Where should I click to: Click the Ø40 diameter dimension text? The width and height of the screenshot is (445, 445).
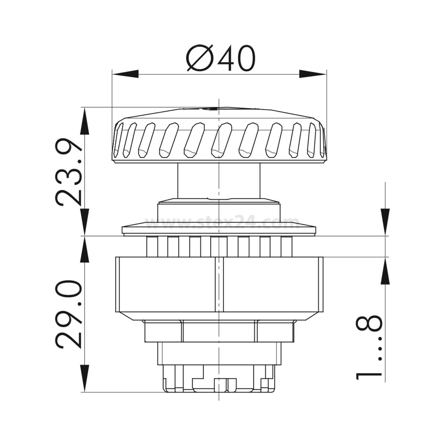[221, 59]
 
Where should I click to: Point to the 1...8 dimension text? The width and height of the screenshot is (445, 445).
[369, 347]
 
